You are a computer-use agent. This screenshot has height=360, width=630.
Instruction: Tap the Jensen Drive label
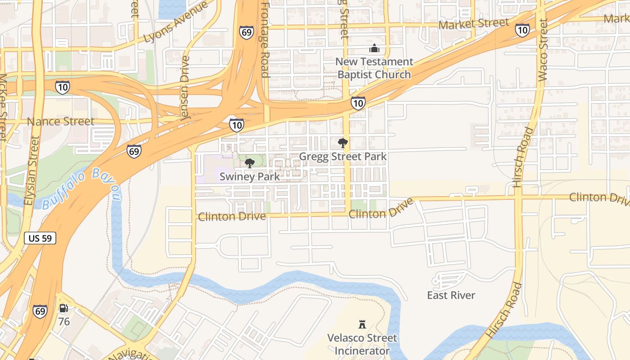pyautogui.click(x=184, y=88)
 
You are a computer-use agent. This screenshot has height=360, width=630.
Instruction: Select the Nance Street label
pyautogui.click(x=61, y=121)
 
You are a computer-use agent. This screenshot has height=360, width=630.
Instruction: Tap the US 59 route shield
pyautogui.click(x=40, y=238)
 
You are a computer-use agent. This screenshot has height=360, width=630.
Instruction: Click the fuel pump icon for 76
pyautogui.click(x=64, y=308)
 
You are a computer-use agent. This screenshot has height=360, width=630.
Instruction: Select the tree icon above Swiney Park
pyautogui.click(x=249, y=163)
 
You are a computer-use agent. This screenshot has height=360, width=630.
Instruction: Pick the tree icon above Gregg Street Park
pyautogui.click(x=343, y=143)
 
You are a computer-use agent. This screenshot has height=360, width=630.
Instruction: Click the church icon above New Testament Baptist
pyautogui.click(x=374, y=48)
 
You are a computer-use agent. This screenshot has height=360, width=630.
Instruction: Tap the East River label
pyautogui.click(x=451, y=295)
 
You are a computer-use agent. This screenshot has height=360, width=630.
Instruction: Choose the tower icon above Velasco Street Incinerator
pyautogui.click(x=362, y=324)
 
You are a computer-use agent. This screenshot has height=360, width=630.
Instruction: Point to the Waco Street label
pyautogui.click(x=543, y=49)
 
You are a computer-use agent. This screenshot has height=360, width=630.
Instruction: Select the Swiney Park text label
pyautogui.click(x=249, y=177)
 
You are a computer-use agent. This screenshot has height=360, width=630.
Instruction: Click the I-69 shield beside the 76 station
pyautogui.click(x=40, y=311)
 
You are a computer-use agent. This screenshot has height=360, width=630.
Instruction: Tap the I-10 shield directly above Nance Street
pyautogui.click(x=63, y=87)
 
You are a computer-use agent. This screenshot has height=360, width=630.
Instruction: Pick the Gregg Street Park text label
pyautogui.click(x=343, y=157)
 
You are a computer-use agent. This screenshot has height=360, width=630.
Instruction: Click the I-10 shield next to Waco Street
pyautogui.click(x=522, y=30)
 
